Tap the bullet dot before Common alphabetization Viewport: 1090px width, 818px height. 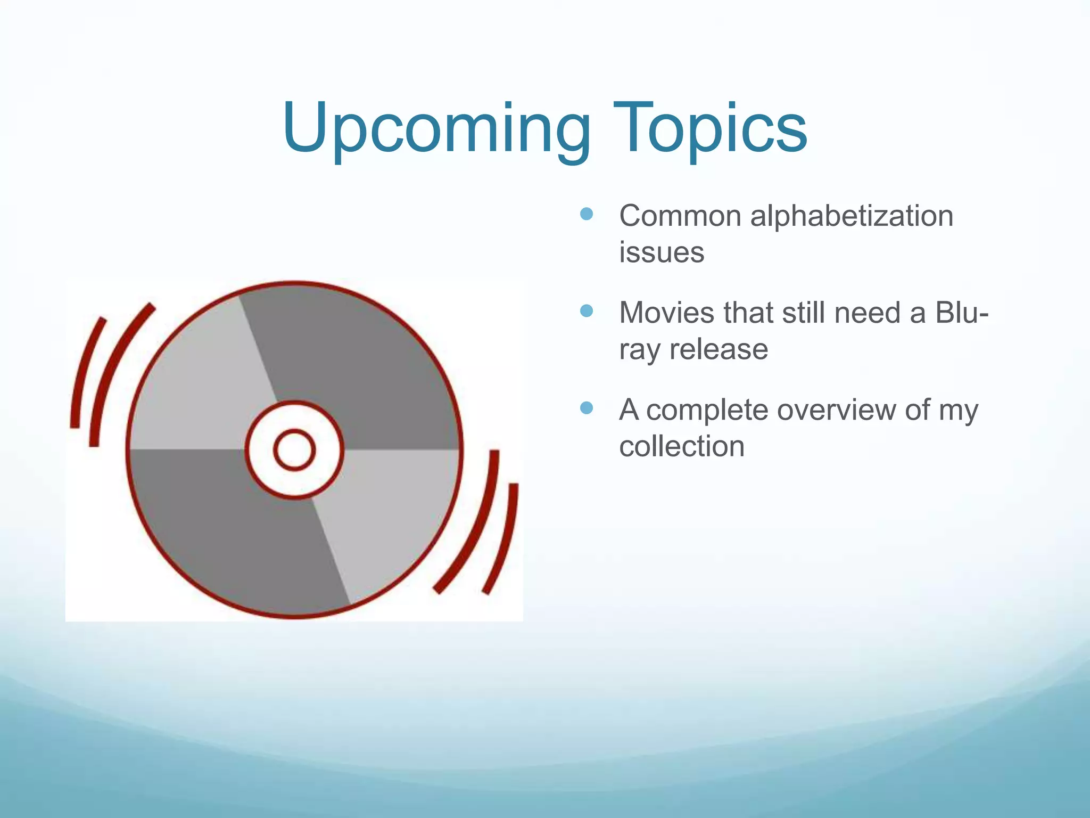[586, 214]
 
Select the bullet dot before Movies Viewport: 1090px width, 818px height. [586, 311]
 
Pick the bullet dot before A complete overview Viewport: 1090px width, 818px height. [586, 408]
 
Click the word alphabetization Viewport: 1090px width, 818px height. [852, 217]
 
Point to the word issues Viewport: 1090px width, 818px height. [662, 252]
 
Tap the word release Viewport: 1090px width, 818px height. [719, 350]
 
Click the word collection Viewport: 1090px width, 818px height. [682, 446]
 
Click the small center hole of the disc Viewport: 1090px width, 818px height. [294, 450]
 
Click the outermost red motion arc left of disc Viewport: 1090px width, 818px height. [82, 373]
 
